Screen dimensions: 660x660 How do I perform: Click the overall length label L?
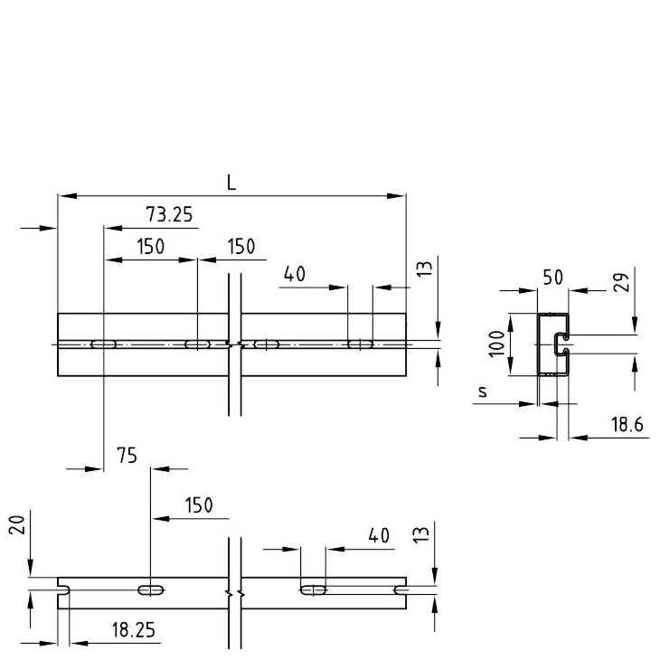pyautogui.click(x=231, y=183)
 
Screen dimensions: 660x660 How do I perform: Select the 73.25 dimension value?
pyautogui.click(x=169, y=214)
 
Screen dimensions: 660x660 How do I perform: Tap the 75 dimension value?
pyautogui.click(x=127, y=456)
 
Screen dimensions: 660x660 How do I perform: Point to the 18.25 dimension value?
pyautogui.click(x=134, y=630)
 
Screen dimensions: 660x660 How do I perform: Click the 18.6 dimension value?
pyautogui.click(x=627, y=424)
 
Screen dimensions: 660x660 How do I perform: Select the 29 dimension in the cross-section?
pyautogui.click(x=622, y=282)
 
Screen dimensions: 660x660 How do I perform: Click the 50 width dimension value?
pyautogui.click(x=552, y=278)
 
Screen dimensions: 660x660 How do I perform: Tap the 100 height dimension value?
pyautogui.click(x=496, y=344)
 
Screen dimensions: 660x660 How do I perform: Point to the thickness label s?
pyautogui.click(x=483, y=391)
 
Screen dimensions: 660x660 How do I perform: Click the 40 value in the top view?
pyautogui.click(x=294, y=274)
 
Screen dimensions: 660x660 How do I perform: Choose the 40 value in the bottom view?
pyautogui.click(x=379, y=536)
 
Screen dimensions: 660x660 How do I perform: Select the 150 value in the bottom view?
pyautogui.click(x=199, y=504)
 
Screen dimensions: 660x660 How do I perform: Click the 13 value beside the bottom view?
pyautogui.click(x=421, y=534)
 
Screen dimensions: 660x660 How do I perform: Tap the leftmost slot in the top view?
pyautogui.click(x=104, y=344)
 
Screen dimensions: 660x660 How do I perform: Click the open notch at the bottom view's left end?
pyautogui.click(x=63, y=590)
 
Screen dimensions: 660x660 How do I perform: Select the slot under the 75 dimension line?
pyautogui.click(x=151, y=590)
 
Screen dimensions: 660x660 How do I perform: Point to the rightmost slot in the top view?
pyautogui.click(x=361, y=344)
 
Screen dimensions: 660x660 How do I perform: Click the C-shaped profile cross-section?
pyautogui.click(x=553, y=344)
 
